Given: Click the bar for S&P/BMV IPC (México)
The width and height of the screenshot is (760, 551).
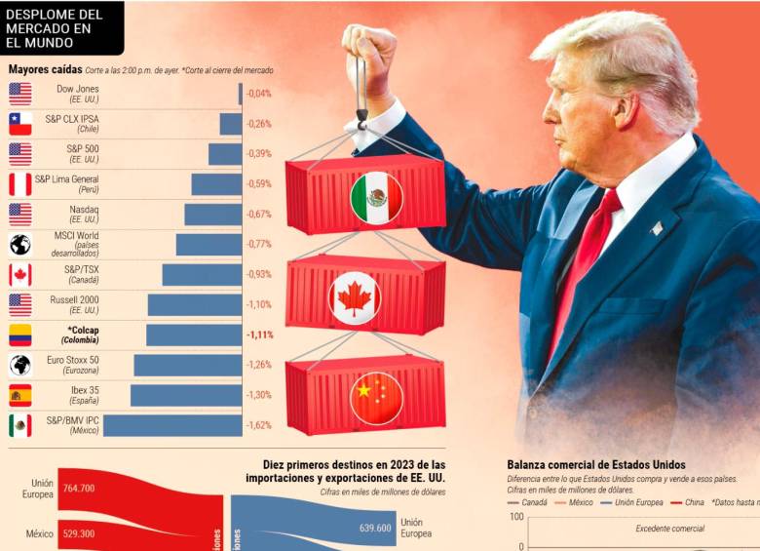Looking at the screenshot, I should click(x=172, y=425).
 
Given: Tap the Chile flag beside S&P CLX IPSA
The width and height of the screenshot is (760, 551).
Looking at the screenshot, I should click(x=20, y=124).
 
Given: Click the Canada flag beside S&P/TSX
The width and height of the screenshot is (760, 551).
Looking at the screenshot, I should click(x=20, y=275).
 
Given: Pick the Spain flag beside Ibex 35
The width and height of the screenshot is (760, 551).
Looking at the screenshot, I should click(x=20, y=395).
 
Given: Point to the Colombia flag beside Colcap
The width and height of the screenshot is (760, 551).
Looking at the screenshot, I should click(x=20, y=335).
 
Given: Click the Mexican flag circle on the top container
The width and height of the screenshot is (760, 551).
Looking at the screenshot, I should click(x=376, y=199).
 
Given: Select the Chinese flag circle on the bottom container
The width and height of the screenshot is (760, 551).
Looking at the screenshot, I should click(x=376, y=398).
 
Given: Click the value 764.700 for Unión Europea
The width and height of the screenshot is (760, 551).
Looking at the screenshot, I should click(x=75, y=487).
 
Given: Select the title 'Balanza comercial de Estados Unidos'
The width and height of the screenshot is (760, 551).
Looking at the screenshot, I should click(x=596, y=465).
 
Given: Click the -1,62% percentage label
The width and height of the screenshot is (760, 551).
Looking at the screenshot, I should click(x=259, y=425).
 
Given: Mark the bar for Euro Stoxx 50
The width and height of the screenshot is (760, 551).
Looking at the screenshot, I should click(x=187, y=365).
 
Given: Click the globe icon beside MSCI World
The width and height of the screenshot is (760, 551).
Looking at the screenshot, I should click(x=20, y=245).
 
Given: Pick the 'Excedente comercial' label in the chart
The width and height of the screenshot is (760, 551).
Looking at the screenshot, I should click(x=669, y=528).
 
